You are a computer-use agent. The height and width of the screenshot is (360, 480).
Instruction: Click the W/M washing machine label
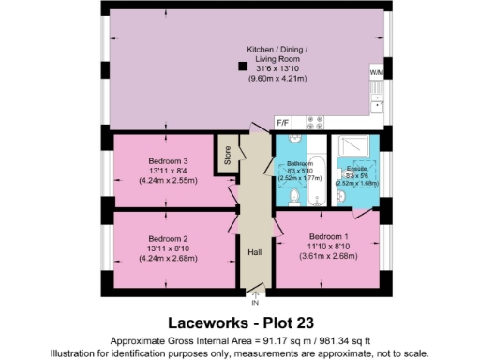click(x=376, y=72)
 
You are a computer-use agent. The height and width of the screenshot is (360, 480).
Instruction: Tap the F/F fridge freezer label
click(x=282, y=121)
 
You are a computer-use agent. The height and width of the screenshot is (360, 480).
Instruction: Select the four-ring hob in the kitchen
click(x=314, y=121)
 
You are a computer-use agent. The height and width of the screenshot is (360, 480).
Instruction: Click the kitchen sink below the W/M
click(x=377, y=97)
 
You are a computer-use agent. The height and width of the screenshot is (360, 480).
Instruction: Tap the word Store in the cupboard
click(x=227, y=152)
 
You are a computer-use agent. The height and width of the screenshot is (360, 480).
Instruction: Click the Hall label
click(x=253, y=252)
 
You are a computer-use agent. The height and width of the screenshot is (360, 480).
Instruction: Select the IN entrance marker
click(x=254, y=302)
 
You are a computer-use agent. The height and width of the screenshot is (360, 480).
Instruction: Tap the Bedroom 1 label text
click(x=324, y=235)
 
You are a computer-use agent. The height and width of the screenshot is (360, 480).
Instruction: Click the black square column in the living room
click(x=243, y=66)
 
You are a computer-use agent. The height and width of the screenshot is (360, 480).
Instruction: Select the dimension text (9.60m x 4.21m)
click(x=276, y=79)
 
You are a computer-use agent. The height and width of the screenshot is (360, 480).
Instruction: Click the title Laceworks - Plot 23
click(x=240, y=322)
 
